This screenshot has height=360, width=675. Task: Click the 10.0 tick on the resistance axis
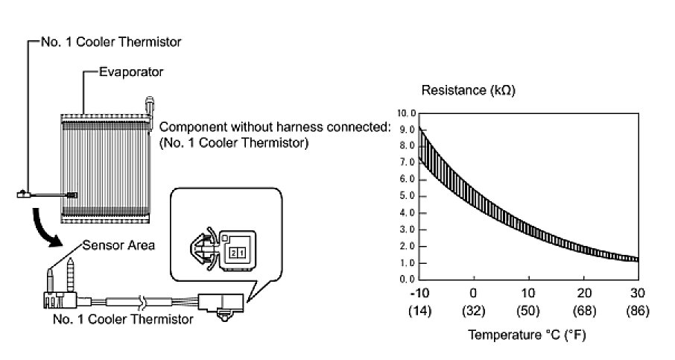(x=406, y=113)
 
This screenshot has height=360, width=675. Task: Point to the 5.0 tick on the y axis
(x=408, y=196)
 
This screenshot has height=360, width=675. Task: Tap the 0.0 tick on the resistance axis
(x=408, y=280)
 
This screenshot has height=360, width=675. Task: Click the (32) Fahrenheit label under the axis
(x=472, y=309)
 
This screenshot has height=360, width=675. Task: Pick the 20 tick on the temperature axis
(x=583, y=293)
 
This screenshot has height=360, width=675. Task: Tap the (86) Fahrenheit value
(x=638, y=309)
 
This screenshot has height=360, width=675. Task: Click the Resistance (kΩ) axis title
(x=469, y=91)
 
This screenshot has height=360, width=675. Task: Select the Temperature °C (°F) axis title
(x=527, y=335)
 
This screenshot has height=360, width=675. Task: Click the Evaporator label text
(x=131, y=72)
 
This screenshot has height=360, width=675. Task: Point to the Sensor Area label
(x=119, y=245)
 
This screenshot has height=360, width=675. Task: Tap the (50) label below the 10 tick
(x=528, y=309)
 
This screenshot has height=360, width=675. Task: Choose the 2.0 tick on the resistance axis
(x=408, y=246)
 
